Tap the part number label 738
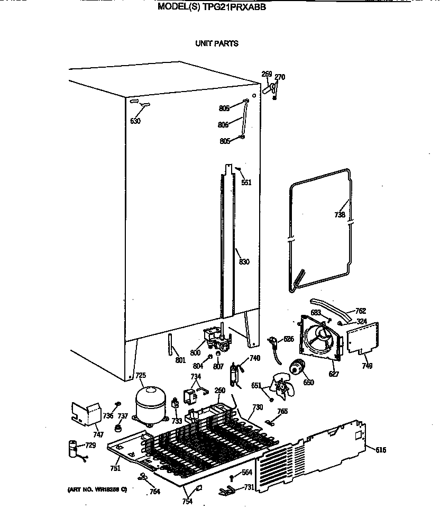coord(340,215)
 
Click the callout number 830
coord(244,262)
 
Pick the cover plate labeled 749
coord(363,339)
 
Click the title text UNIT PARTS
coord(217,43)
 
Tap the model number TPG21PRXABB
coord(234,7)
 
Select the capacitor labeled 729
coord(71,448)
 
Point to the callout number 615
coord(381,450)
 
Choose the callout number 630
coord(135,121)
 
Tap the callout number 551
coord(246,183)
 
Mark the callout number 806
coord(223,125)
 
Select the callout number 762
coord(361,311)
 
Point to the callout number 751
coord(115,468)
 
